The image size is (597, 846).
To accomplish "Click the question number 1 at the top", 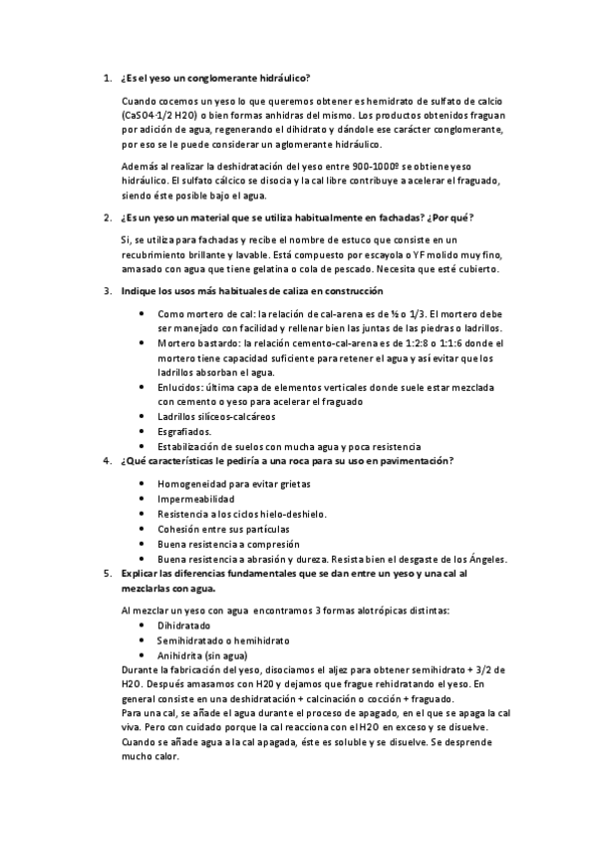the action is (x=107, y=78).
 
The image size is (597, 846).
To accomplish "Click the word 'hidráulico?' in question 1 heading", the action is (x=284, y=78).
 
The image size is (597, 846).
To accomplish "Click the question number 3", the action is (x=107, y=292).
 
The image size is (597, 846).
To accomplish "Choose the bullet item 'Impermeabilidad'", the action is (x=196, y=498).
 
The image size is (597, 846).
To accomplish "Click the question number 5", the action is (x=107, y=574).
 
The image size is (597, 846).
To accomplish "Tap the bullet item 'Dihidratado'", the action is (x=183, y=625).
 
